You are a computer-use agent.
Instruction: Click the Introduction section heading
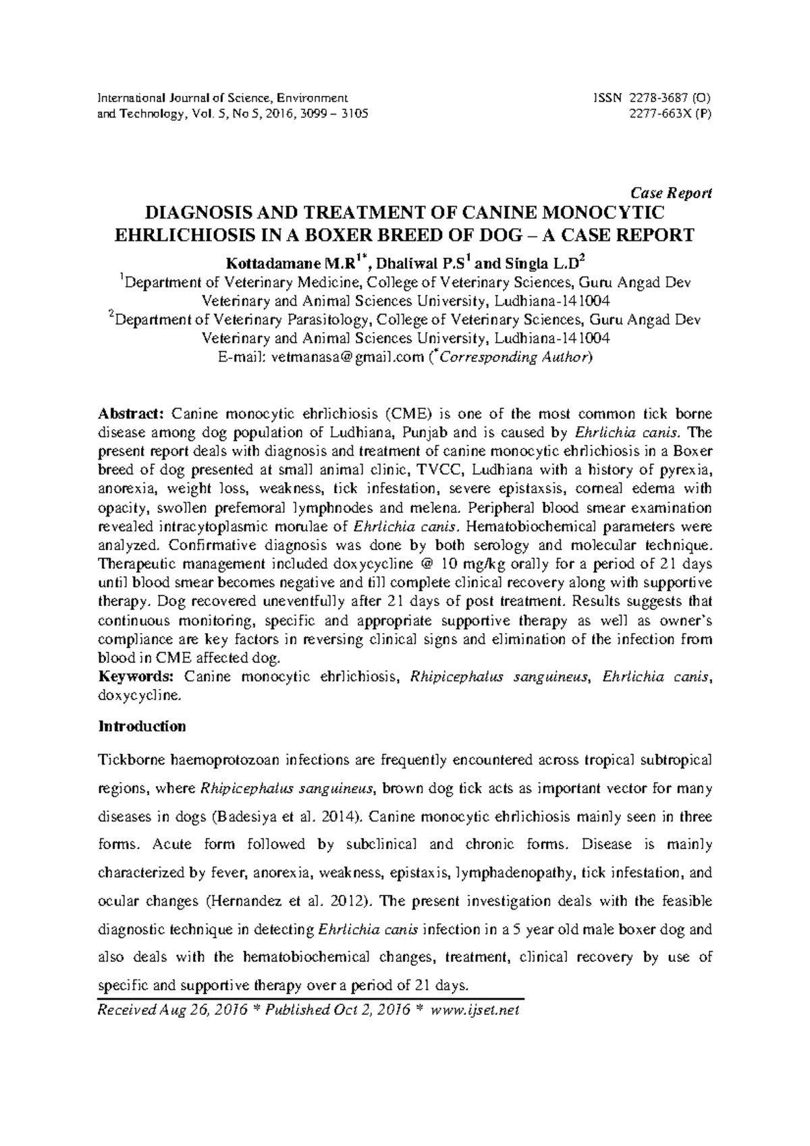142,727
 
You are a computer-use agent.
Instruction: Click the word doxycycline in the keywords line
139,695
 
